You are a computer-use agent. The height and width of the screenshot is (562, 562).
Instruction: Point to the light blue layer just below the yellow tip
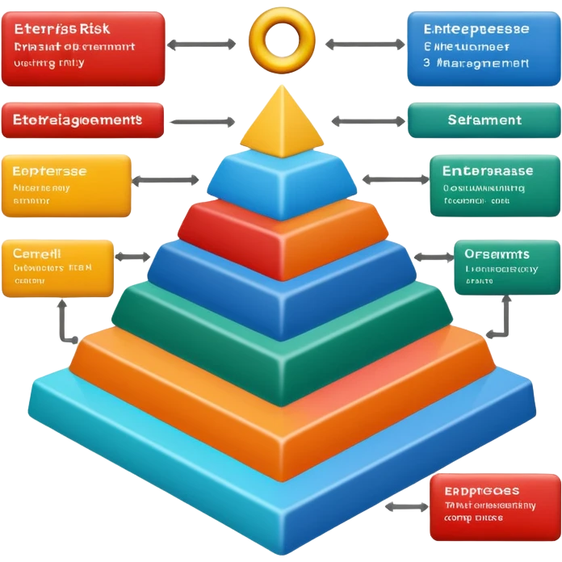click(282, 184)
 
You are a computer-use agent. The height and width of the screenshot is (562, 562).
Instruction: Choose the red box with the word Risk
click(83, 48)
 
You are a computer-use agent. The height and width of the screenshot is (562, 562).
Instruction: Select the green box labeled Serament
click(483, 120)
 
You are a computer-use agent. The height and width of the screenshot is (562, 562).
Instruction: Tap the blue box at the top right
click(483, 48)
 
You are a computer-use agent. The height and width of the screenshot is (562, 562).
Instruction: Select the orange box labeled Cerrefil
click(57, 268)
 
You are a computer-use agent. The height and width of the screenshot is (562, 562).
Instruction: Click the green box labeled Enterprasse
click(493, 187)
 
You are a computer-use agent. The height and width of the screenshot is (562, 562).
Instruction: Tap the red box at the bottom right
click(494, 506)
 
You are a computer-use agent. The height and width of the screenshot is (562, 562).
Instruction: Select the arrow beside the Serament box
click(368, 122)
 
